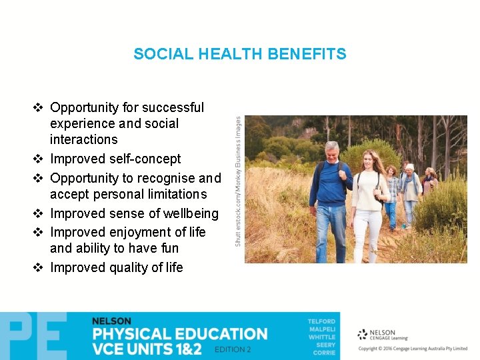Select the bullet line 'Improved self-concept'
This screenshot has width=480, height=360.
115,159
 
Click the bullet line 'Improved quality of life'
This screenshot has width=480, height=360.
116,267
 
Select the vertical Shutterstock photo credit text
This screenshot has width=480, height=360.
238,181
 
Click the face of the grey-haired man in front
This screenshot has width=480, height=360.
331,153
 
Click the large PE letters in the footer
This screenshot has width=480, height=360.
33,336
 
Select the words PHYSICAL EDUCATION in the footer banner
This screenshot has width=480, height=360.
179,334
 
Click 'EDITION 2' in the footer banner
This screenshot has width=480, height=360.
233,350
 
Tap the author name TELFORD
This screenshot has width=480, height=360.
321,322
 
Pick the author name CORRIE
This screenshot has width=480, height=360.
325,353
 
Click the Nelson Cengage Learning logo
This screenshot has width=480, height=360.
377,335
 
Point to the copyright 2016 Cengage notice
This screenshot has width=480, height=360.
413,349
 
